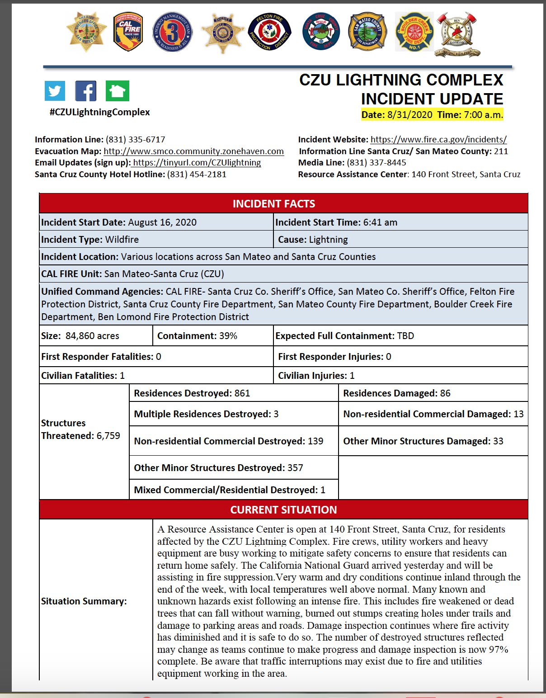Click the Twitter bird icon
point(55,91)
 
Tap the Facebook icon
point(86,91)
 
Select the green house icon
point(118,91)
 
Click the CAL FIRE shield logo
point(128,32)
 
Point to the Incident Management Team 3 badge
point(173,32)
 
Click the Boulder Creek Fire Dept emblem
point(414,32)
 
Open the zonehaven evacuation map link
point(193,151)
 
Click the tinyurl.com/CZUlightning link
point(197,163)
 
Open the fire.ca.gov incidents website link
point(438,140)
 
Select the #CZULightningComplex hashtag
point(99,112)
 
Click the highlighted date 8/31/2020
point(409,115)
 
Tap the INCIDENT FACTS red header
point(274,204)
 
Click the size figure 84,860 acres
point(92,336)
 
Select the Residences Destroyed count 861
point(242,393)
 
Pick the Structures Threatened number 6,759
point(108,436)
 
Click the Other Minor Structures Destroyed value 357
point(295,468)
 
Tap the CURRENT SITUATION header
point(283,510)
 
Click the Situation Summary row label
point(84,601)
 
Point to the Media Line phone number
point(376,163)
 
